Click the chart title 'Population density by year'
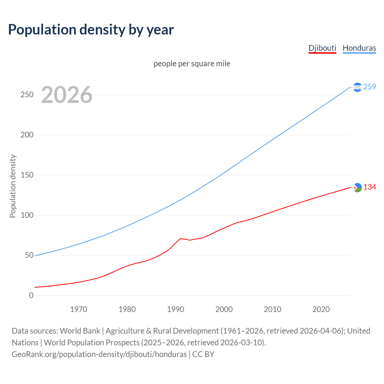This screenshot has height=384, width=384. (91, 30)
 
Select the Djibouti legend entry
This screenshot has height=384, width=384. (322, 48)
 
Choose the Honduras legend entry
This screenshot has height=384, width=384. (359, 48)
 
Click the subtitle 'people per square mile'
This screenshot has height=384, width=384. (192, 64)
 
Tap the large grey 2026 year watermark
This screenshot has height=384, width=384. (67, 95)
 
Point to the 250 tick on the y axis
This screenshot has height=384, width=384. (27, 95)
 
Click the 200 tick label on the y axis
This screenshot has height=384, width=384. (27, 135)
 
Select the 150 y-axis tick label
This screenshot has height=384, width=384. (27, 175)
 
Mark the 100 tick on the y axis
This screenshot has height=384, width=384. (27, 215)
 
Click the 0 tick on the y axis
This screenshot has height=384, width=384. (31, 295)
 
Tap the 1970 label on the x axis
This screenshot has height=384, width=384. (79, 309)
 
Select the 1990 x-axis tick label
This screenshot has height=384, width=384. (175, 309)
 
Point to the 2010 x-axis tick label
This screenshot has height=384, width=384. (272, 309)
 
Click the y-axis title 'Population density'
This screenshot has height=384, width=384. (13, 186)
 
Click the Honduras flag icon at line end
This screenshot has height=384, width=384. (357, 87)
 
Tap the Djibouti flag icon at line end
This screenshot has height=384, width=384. (357, 187)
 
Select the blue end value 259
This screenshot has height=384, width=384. (370, 87)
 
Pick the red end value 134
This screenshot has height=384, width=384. (370, 187)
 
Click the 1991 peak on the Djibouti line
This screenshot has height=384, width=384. (180, 238)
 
